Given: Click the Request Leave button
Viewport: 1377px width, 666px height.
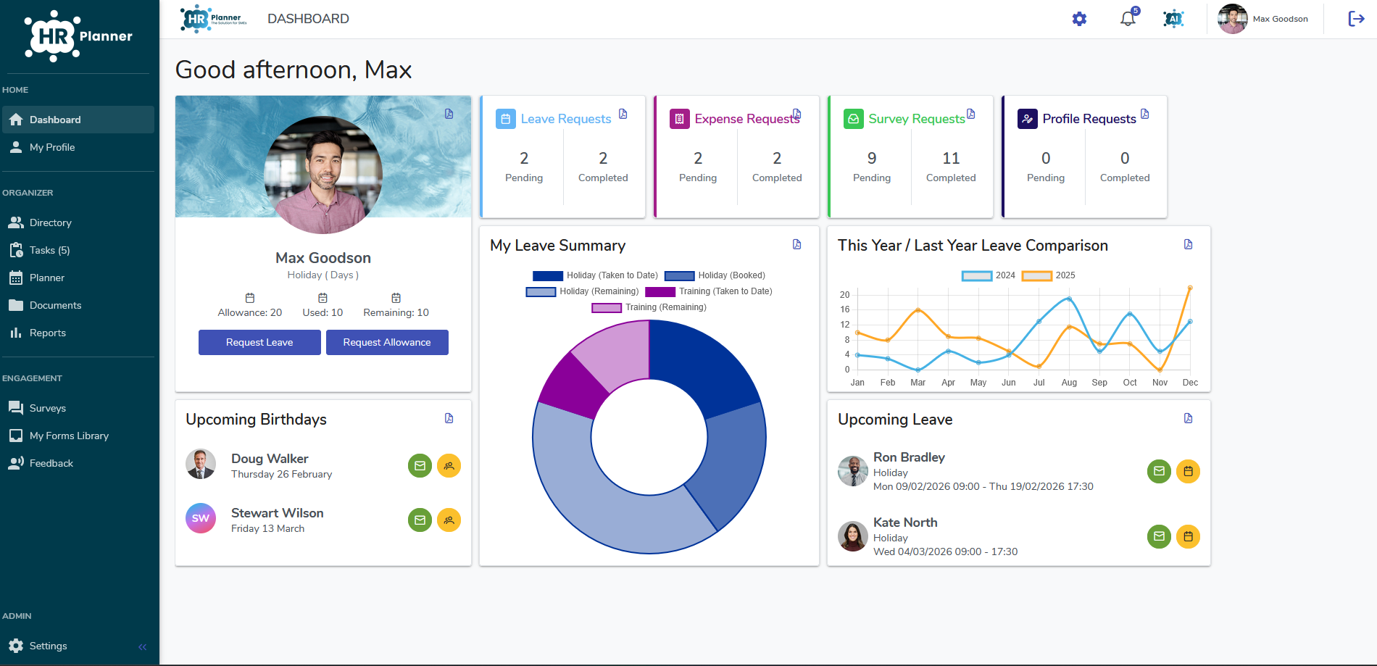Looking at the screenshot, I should [259, 342].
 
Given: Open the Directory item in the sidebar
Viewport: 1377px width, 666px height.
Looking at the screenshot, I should [50, 222].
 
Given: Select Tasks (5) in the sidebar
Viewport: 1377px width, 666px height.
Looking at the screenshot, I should [49, 250].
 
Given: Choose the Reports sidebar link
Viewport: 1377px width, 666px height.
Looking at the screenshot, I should [47, 333].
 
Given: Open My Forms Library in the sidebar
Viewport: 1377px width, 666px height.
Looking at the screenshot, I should [69, 436].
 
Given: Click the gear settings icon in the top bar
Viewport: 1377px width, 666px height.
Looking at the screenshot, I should [1079, 19].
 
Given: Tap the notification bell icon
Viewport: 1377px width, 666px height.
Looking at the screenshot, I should [1128, 19].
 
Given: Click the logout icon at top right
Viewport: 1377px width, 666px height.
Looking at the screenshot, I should [1356, 19].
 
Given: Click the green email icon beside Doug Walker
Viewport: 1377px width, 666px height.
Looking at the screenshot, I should [420, 465].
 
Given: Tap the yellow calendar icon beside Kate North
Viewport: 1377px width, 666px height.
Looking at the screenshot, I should [1188, 536].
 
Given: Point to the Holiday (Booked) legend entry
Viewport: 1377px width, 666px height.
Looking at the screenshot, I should [715, 275].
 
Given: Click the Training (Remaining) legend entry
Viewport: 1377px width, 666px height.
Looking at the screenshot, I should [649, 307].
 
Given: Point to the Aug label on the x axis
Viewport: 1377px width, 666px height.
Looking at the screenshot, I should [1069, 383].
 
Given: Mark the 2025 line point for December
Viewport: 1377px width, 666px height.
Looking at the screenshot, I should [1190, 288].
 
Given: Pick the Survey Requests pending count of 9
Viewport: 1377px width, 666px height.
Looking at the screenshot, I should [872, 158].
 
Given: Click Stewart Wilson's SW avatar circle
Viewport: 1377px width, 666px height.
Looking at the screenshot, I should [201, 519].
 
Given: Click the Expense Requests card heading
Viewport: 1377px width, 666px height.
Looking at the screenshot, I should [746, 119].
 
